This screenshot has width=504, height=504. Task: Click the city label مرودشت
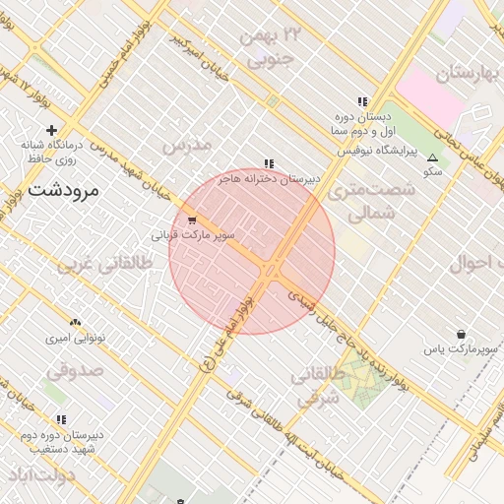64,190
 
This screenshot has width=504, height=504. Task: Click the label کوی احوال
476,264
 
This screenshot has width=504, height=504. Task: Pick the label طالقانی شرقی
317,387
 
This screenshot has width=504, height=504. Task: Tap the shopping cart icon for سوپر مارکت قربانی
191,220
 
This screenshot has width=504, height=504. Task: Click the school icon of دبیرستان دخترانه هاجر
269,164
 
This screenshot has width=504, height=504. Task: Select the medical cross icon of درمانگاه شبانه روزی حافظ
51,130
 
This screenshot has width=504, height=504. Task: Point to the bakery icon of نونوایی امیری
76,322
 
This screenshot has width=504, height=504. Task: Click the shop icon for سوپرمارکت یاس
461,335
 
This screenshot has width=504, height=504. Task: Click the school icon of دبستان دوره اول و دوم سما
363,101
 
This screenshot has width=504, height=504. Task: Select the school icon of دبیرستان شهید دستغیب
61,418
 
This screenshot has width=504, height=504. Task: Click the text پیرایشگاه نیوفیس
379,152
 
